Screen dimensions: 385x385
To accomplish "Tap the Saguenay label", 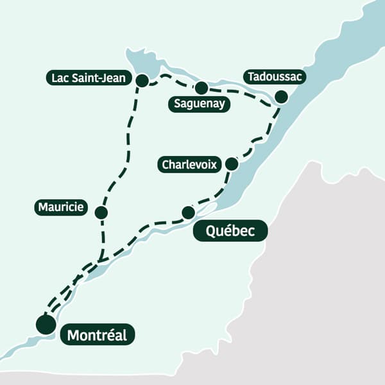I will coord(200,104).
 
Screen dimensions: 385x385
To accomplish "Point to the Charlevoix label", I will coord(190,165).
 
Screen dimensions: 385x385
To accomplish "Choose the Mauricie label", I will coord(61,207).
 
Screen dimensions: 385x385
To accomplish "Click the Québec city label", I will coord(229,232).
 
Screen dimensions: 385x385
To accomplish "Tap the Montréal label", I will coord(97,335).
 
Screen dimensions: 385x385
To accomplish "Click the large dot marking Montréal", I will coord(46,325).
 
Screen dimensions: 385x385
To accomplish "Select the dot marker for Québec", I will coord(188,212).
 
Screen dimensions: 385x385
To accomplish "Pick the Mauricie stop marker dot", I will coord(101,212).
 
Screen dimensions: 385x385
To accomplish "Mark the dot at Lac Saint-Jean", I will coord(142,80).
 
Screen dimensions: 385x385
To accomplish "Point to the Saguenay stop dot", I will coord(201,88).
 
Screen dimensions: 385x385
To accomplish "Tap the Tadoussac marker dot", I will coord(281,97).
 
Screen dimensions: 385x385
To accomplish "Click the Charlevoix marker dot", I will coord(232,164).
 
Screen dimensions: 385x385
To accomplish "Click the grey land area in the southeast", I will coord(321,289).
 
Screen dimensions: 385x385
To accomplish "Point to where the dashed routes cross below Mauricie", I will coord(101,260).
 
